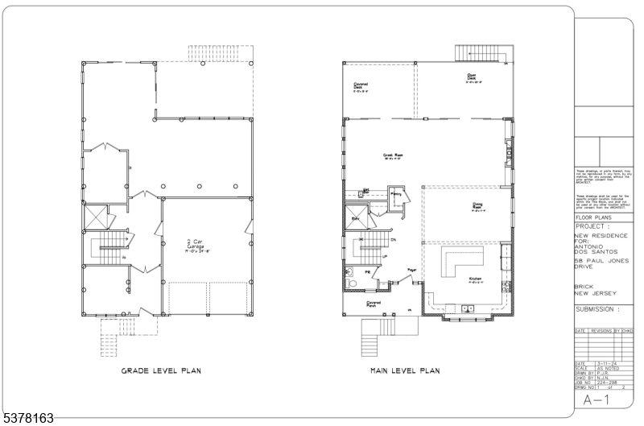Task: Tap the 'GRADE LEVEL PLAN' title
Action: tap(160, 371)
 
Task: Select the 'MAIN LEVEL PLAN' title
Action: tap(404, 371)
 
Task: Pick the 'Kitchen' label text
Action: tap(476, 280)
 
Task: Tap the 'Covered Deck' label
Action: tap(361, 87)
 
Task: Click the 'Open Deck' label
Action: tap(472, 79)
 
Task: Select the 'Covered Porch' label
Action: tap(374, 304)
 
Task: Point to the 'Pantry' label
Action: tap(395, 193)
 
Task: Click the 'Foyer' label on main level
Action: tap(411, 270)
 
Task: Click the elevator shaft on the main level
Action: tap(357, 217)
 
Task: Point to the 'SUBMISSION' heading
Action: tap(599, 309)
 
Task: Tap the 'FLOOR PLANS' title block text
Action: tap(595, 217)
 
